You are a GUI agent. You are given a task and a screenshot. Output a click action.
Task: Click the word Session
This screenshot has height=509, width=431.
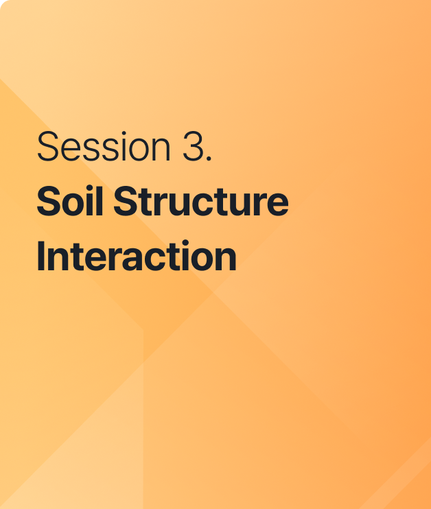click(104, 146)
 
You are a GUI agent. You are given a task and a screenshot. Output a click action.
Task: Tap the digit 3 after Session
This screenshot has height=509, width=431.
click(193, 146)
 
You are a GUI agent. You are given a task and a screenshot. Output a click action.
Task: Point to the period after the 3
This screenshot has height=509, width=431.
click(209, 158)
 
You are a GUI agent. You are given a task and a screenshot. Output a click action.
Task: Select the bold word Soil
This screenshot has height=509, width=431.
click(70, 200)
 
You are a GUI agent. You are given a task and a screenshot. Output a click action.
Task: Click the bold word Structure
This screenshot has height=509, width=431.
click(201, 200)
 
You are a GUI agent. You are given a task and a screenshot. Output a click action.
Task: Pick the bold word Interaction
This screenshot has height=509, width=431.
click(137, 255)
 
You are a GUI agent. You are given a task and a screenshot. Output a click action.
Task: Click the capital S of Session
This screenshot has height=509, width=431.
click(48, 146)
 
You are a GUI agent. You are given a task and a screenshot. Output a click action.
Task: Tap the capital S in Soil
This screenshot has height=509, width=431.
click(49, 201)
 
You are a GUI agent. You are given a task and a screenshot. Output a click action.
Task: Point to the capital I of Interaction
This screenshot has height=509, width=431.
click(40, 256)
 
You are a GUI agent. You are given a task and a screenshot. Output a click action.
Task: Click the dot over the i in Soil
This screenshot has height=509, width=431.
click(89, 189)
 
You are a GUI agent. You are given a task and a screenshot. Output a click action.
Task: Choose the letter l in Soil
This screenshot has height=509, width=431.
click(100, 201)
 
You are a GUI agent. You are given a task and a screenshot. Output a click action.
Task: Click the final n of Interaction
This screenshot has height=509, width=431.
click(225, 259)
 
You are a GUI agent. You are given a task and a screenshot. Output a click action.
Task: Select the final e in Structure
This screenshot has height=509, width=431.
click(277, 205)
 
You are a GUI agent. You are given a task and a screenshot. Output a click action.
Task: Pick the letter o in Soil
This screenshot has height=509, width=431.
click(73, 205)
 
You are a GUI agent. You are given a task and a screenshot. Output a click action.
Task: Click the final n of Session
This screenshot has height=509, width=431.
click(161, 150)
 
